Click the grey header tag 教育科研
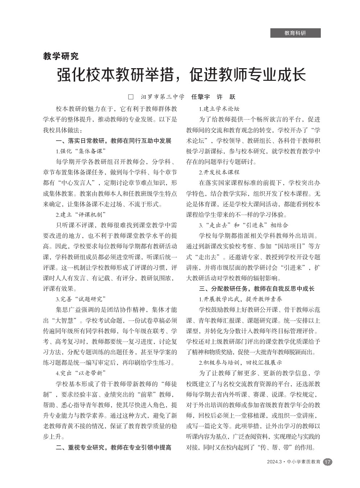pyautogui.click(x=295, y=33)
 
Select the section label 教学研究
pyautogui.click(x=61, y=56)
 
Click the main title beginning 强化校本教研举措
pyautogui.click(x=181, y=75)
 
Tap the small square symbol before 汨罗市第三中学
pyautogui.click(x=131, y=97)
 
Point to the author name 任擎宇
pyautogui.click(x=201, y=97)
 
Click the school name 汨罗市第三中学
pyautogui.click(x=163, y=97)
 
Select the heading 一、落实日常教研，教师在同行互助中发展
pyautogui.click(x=114, y=141)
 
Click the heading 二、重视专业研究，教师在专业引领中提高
pyautogui.click(x=114, y=447)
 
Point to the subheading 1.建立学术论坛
pyautogui.click(x=219, y=108)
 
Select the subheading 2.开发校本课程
pyautogui.click(x=219, y=172)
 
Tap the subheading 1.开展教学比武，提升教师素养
pyautogui.click(x=241, y=299)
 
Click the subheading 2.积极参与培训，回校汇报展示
pyautogui.click(x=241, y=362)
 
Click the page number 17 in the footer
pyautogui.click(x=327, y=462)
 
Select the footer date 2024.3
pyautogui.click(x=274, y=462)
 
